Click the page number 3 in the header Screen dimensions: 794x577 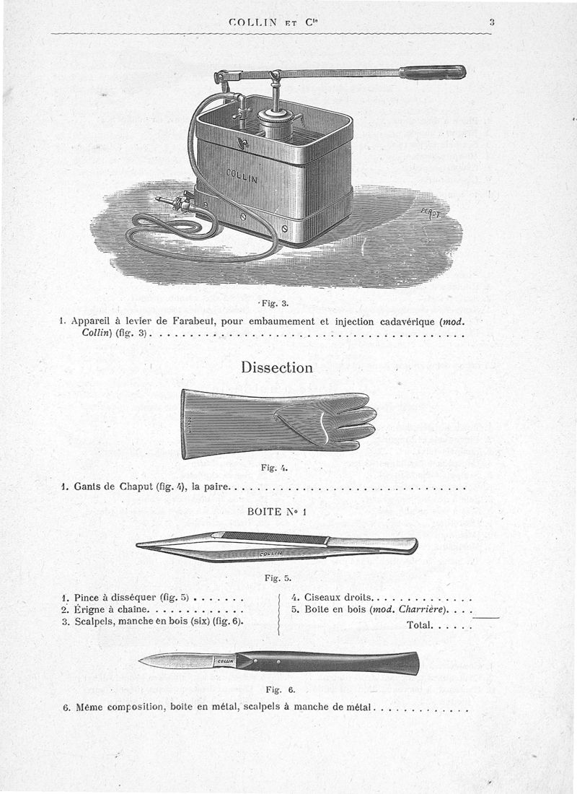click(491, 22)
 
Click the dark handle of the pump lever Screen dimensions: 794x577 click(433, 71)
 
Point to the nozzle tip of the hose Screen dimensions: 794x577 click(159, 200)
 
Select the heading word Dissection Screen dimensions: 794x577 click(277, 367)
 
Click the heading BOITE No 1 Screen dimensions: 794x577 click(277, 512)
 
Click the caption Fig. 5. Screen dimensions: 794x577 click(277, 577)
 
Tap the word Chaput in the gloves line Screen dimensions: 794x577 click(131, 487)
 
